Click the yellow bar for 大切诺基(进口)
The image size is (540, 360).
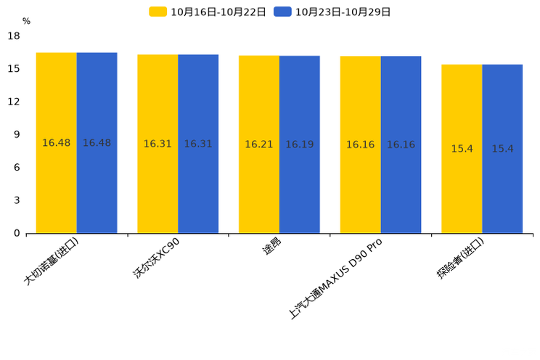point(57,143)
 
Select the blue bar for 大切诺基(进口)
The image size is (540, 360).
point(97,143)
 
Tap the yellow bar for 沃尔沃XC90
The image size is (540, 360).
point(157,144)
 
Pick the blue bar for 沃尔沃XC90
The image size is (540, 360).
point(198,144)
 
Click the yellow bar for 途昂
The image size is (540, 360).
point(259,144)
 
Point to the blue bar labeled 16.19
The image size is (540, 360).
point(300,144)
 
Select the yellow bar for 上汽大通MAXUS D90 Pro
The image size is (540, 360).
point(361,144)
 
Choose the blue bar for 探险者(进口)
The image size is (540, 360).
point(502,149)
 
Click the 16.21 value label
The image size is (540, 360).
point(259,144)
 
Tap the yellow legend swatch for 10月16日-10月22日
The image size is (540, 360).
point(158,12)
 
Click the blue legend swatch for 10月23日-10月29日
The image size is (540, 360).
point(283,12)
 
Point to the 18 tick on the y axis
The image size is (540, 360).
point(14,36)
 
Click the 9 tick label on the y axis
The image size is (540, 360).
point(17,134)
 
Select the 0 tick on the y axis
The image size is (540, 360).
point(17,233)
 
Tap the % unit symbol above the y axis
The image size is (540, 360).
point(27,21)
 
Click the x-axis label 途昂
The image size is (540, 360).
point(271,246)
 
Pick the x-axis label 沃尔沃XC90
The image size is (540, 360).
point(156,258)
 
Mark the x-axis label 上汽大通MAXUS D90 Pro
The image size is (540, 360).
point(335,279)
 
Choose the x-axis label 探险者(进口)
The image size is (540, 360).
point(460,258)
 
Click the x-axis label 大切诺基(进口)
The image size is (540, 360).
point(52,261)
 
